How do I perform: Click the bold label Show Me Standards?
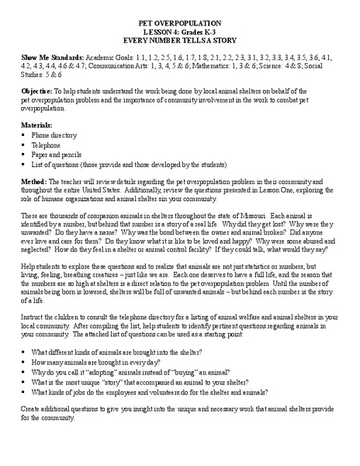pyautogui.click(x=45, y=57)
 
